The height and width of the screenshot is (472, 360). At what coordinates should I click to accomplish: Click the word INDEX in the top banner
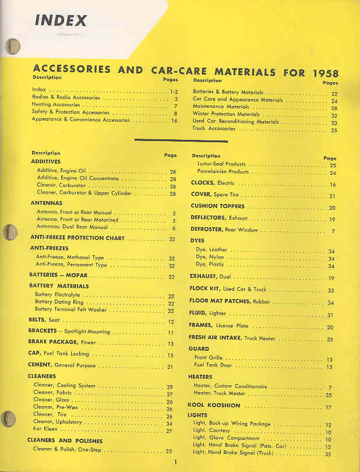pyautogui.click(x=61, y=20)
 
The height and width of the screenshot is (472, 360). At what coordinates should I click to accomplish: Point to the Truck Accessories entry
pyautogui.click(x=214, y=129)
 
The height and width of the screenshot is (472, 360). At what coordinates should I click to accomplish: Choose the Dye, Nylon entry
pyautogui.click(x=210, y=258)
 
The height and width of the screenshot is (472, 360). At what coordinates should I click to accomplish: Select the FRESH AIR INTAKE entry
pyautogui.click(x=233, y=338)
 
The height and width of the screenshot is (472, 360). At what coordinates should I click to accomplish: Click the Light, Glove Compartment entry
pyautogui.click(x=226, y=438)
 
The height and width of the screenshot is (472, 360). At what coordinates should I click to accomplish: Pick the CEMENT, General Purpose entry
pyautogui.click(x=62, y=367)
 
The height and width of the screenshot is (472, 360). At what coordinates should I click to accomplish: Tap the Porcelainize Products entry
pyautogui.click(x=223, y=172)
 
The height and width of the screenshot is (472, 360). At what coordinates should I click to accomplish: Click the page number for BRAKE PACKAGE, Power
pyautogui.click(x=171, y=343)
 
